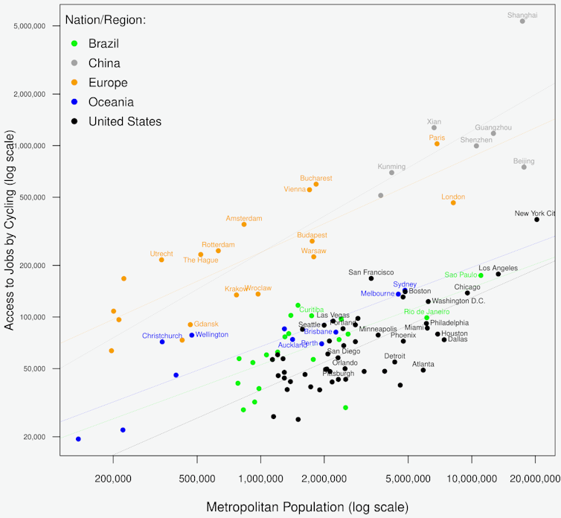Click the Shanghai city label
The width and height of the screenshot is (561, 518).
coord(522,15)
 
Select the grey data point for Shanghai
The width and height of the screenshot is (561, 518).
coord(522,22)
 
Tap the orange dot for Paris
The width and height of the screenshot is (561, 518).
coord(437,144)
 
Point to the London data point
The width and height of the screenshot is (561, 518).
coord(453,202)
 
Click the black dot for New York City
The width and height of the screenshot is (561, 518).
coord(536,220)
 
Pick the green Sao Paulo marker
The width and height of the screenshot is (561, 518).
coord(481,275)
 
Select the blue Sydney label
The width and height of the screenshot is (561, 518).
coord(405,284)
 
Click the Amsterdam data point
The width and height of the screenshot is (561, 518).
coord(244,224)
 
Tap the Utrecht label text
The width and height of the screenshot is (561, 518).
coord(161,254)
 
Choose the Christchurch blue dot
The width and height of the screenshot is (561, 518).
coord(162,342)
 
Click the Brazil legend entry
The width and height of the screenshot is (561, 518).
coord(103,44)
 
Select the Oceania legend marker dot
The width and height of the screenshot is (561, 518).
coord(73,103)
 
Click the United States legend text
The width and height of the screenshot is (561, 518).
coord(124,121)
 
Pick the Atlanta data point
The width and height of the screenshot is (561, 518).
coord(423,370)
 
